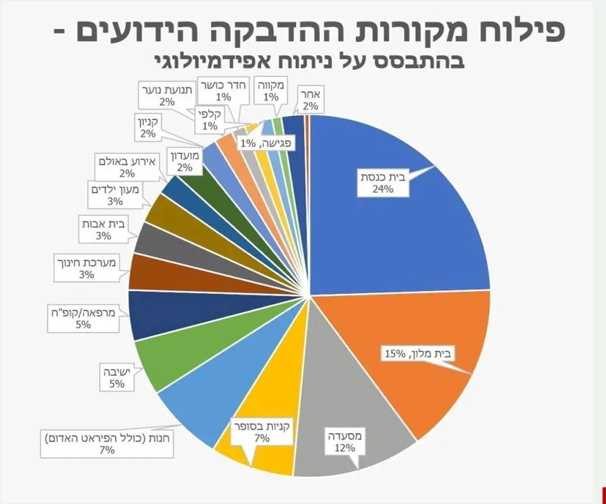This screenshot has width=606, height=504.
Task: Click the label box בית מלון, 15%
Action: [x=419, y=354]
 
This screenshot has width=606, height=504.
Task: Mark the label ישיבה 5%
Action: [x=117, y=377]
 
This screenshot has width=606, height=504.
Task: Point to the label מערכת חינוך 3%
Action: [x=87, y=269]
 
